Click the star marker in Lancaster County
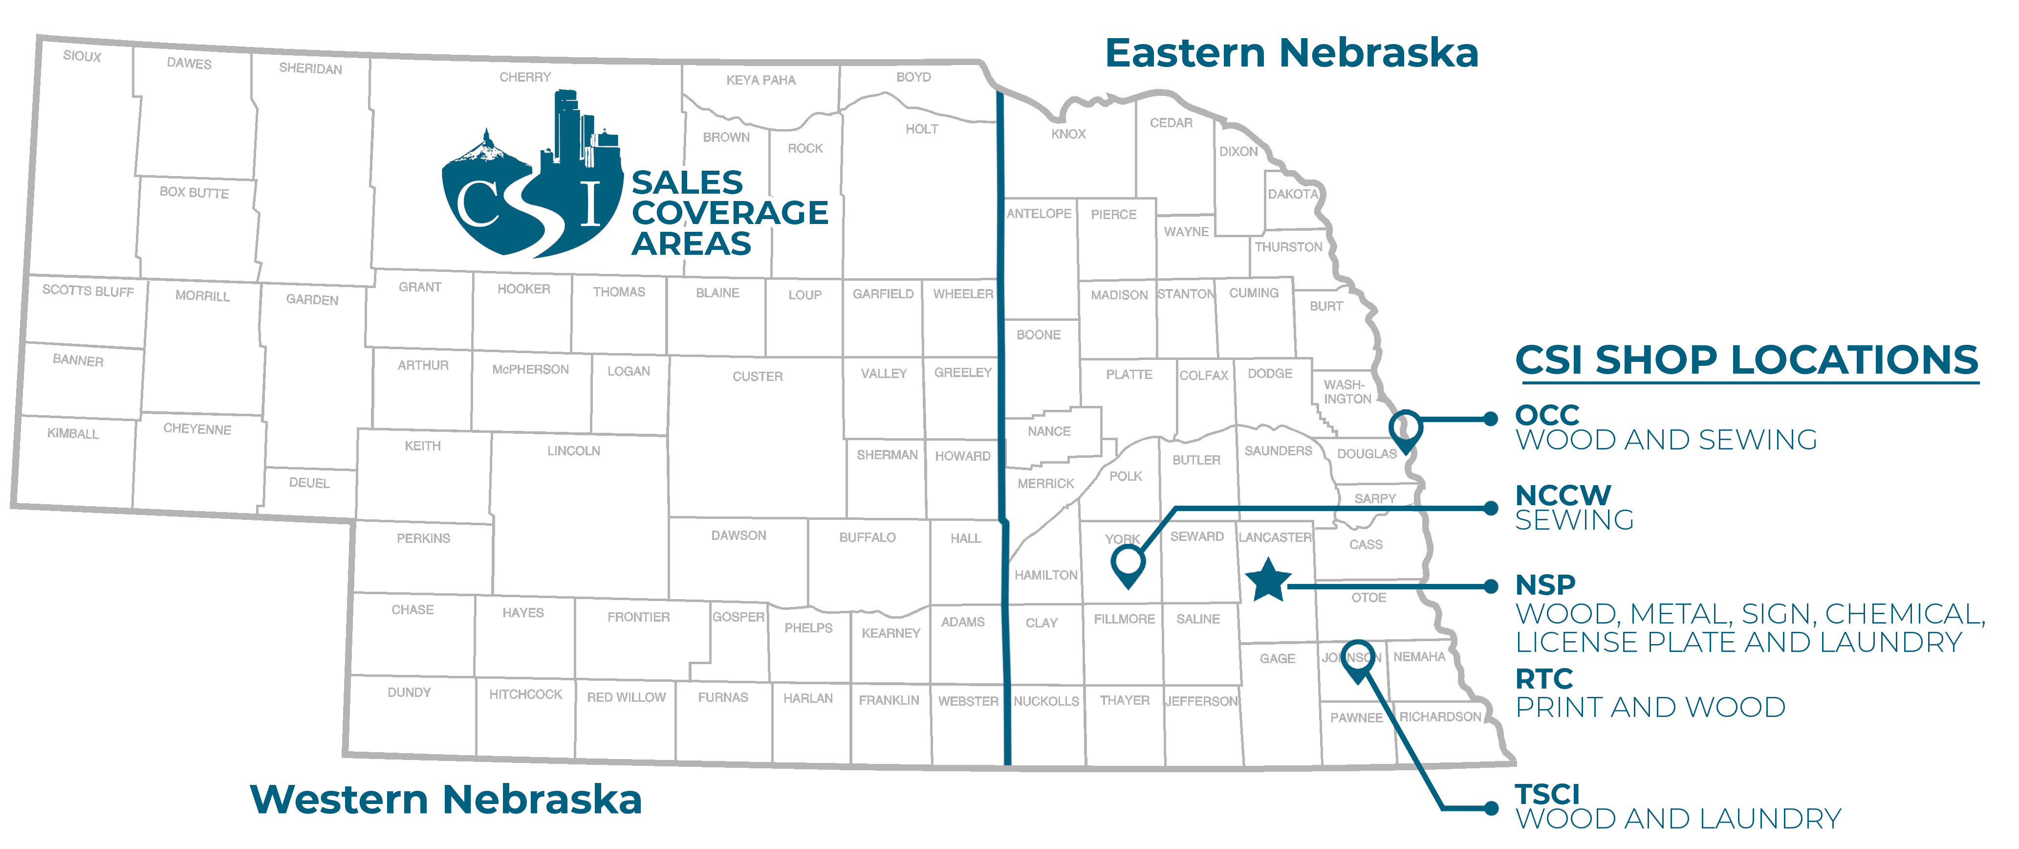click(x=1267, y=581)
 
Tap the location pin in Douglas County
click(x=1405, y=429)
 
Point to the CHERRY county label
click(x=525, y=77)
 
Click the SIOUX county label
click(x=82, y=56)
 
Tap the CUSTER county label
click(x=757, y=376)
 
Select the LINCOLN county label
click(x=574, y=451)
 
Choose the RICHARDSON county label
click(x=1441, y=716)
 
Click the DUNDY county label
click(x=409, y=692)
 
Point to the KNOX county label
click(x=1068, y=134)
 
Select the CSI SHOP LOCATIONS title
click(x=1746, y=360)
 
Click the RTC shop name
click(x=1544, y=678)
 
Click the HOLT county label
click(x=922, y=129)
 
